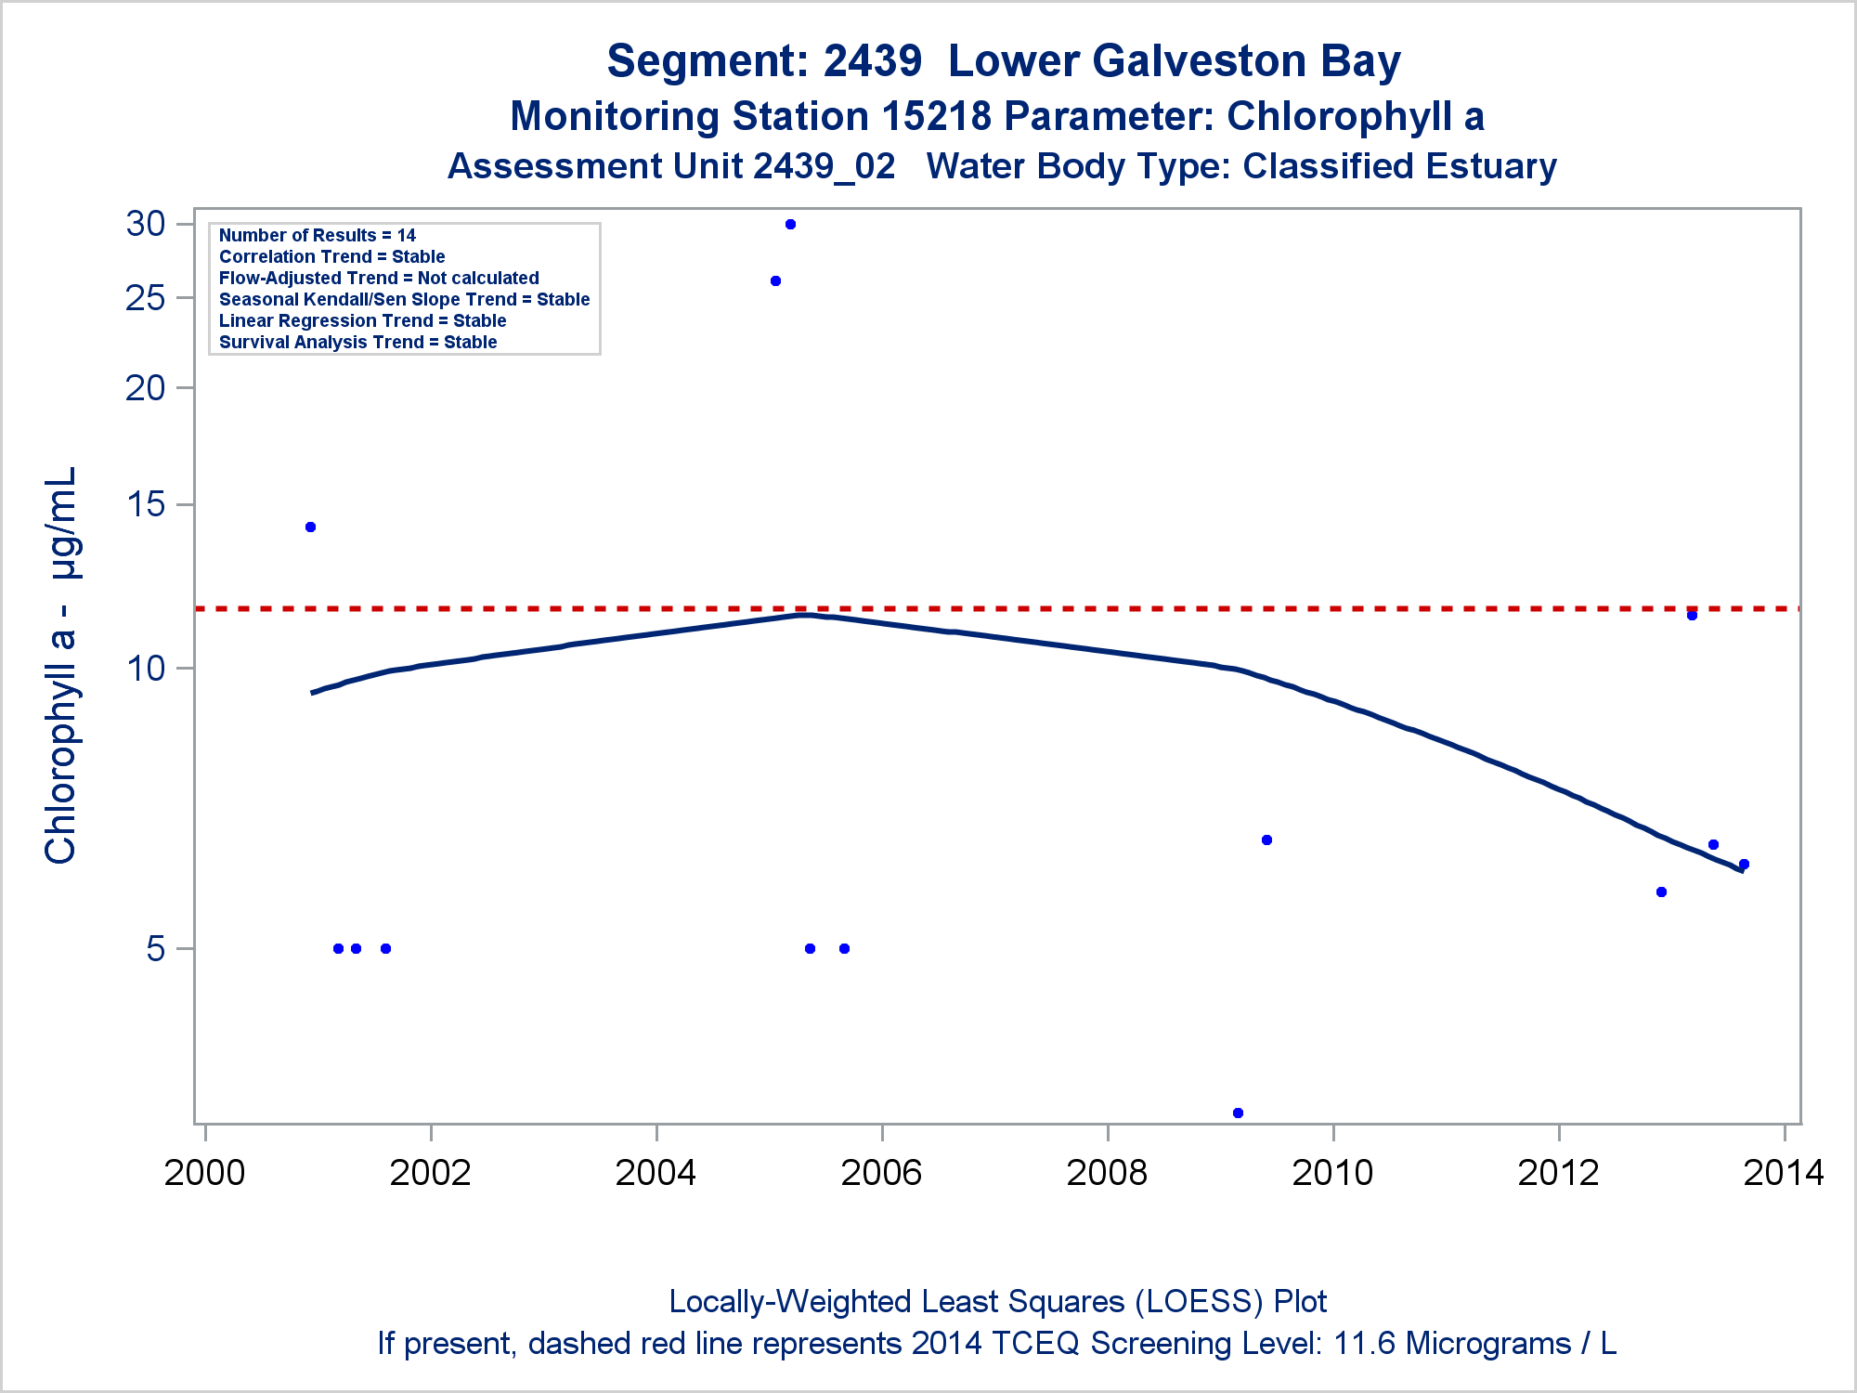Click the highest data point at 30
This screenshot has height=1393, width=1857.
790,225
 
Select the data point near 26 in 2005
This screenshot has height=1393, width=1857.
776,281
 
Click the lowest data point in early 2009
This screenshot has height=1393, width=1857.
1238,1113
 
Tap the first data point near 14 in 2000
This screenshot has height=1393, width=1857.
311,527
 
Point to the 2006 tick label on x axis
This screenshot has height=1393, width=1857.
881,1173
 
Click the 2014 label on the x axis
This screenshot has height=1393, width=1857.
1783,1173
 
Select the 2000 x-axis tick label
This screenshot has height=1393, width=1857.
204,1173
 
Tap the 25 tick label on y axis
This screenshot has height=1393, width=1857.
146,298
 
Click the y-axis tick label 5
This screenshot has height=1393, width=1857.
156,949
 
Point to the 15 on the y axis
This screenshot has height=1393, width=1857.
146,504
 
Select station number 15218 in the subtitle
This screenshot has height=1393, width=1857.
936,117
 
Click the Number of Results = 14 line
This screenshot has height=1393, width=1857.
318,236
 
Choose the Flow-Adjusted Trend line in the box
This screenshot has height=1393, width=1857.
379,279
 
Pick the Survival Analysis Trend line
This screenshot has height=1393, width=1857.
358,343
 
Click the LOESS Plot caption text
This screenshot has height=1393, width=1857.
997,1302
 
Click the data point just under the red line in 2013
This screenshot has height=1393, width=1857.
1692,616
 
